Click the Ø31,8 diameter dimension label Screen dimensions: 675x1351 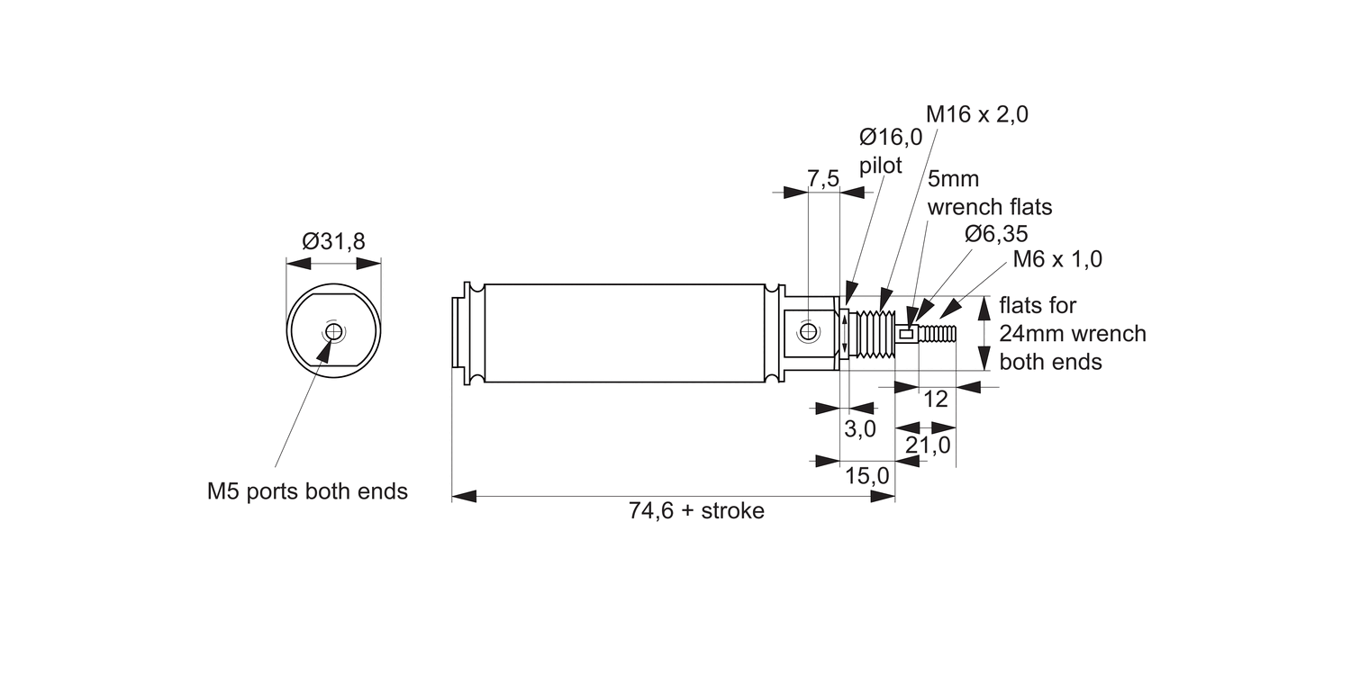click(333, 241)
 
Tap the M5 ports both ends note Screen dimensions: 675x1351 click(307, 491)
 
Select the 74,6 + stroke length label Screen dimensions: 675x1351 click(696, 511)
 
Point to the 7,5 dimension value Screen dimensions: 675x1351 click(823, 178)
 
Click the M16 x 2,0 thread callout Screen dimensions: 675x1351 click(977, 114)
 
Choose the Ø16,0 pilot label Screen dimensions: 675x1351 click(891, 150)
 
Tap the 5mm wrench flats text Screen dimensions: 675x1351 click(989, 193)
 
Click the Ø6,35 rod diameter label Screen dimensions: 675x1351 click(995, 234)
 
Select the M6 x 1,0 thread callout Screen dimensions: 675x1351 click(1057, 259)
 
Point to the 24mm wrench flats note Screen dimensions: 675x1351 click(1072, 334)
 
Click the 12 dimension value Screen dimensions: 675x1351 click(937, 399)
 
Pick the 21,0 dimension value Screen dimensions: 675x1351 click(928, 445)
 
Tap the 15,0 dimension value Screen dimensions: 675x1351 click(867, 474)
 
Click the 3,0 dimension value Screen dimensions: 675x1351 click(860, 429)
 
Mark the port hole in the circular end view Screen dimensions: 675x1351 click(334, 332)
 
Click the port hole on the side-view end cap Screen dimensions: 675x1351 click(808, 332)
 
